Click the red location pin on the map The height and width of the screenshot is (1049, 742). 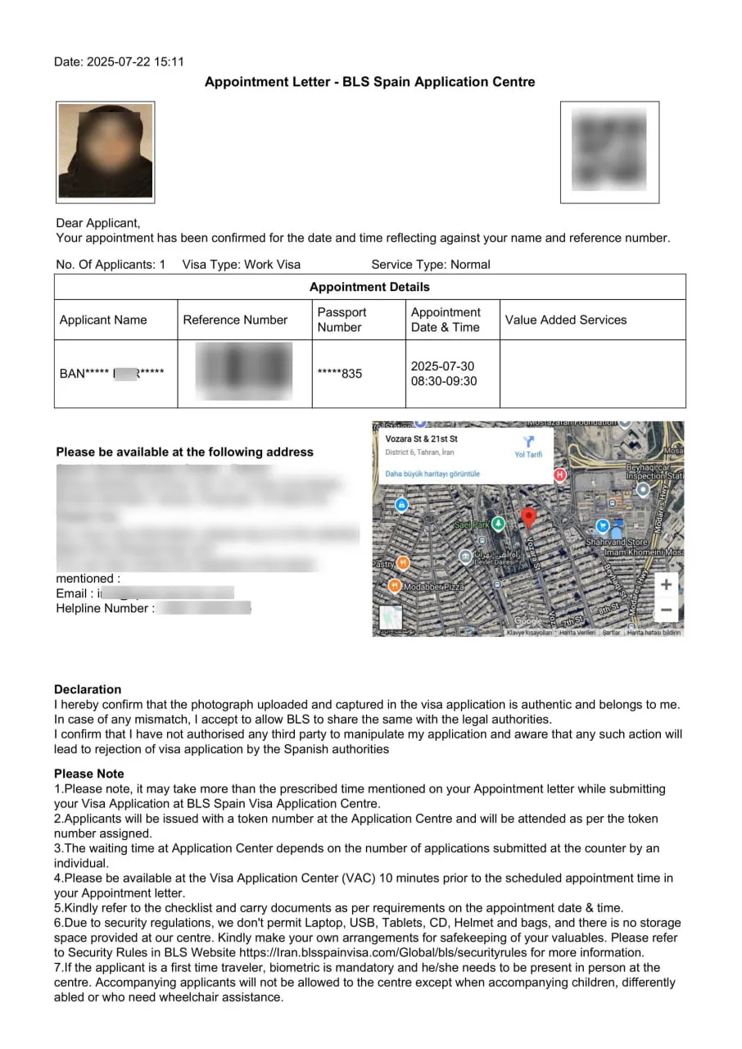(x=529, y=517)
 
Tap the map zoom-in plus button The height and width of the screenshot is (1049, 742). (x=666, y=584)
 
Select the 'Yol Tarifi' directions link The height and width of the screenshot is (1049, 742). (x=527, y=447)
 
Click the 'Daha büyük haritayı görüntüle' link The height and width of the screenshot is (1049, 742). (x=432, y=474)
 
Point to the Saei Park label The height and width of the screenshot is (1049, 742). (x=471, y=524)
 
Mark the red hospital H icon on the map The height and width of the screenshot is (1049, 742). (x=560, y=474)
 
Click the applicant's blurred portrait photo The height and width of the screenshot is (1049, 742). (x=105, y=152)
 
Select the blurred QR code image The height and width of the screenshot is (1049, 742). (x=609, y=152)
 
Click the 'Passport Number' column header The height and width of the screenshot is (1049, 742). (x=342, y=320)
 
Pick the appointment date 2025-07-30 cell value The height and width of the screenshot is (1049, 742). (x=442, y=366)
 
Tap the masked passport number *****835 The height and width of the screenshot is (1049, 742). (x=339, y=374)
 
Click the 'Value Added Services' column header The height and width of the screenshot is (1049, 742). (x=565, y=320)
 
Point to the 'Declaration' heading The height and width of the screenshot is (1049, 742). (x=88, y=689)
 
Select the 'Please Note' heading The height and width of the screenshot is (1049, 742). (x=89, y=774)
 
